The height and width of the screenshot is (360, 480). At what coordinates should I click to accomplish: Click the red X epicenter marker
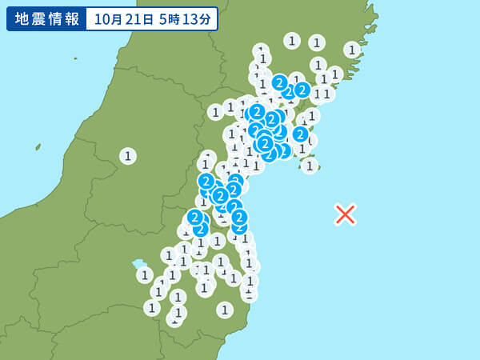click(345, 214)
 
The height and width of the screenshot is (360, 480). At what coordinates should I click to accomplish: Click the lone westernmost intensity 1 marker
click(128, 156)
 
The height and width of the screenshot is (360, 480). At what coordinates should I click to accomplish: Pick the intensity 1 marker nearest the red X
click(310, 166)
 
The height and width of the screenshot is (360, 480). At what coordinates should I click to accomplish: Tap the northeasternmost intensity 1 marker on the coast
click(352, 50)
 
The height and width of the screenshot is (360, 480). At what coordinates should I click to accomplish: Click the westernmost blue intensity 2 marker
click(194, 217)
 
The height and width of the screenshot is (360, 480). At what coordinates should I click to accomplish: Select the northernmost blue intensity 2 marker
click(279, 82)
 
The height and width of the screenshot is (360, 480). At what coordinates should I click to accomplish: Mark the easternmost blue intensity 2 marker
click(302, 90)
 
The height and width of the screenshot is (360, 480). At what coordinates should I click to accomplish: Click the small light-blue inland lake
click(139, 264)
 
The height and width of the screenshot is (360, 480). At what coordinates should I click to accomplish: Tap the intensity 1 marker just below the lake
click(145, 275)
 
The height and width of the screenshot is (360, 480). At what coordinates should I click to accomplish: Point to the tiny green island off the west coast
click(38, 147)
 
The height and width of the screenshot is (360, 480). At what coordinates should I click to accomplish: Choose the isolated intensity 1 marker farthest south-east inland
click(225, 310)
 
